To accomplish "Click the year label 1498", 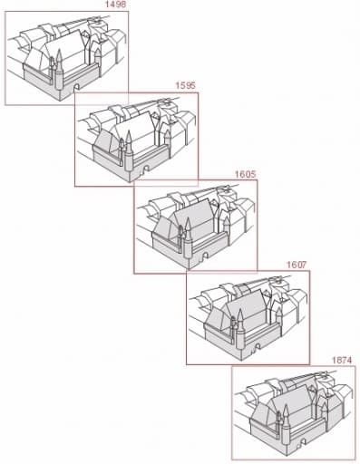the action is (114, 5).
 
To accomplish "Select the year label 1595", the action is (185, 85).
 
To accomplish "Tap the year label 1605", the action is (245, 174).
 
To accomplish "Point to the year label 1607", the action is (297, 265).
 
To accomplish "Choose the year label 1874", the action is (342, 360).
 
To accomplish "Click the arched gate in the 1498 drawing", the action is (77, 88).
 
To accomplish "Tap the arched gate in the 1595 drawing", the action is (146, 169).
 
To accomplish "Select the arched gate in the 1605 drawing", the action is (206, 256).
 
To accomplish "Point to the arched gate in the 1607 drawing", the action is (258, 347).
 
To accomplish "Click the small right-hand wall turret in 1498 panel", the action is (98, 62).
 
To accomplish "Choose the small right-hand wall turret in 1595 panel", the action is (168, 143).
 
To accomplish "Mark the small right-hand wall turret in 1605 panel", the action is (227, 230).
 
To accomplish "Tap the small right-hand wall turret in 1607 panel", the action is (279, 321).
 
